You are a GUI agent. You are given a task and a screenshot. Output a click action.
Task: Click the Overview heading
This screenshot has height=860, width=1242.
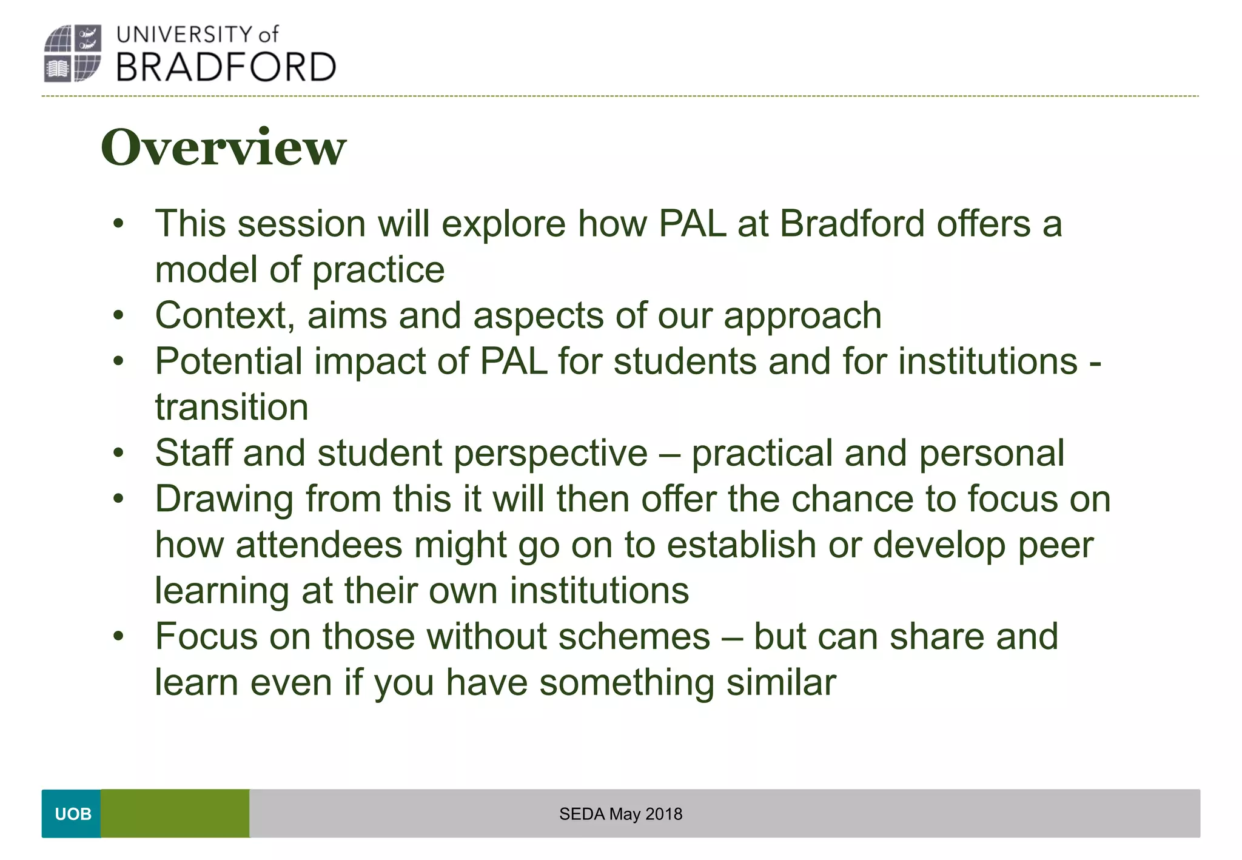pos(223,147)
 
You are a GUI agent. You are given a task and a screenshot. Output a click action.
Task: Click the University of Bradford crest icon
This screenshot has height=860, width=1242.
pos(72,53)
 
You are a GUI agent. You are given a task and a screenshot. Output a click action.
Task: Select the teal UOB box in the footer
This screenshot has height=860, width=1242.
pos(72,813)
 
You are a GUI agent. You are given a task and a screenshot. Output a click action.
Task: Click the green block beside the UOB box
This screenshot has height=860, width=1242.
pos(175,813)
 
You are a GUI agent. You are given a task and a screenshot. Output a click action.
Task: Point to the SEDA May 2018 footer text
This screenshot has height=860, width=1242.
pos(620,814)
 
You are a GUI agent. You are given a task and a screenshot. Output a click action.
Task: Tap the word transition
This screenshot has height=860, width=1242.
pos(232,407)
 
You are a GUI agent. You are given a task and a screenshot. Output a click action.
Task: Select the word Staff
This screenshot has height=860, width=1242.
pos(193,453)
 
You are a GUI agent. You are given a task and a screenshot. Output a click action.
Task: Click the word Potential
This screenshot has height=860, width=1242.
pos(229,361)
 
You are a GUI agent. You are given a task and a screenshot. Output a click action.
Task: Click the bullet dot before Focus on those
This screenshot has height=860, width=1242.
pos(119,637)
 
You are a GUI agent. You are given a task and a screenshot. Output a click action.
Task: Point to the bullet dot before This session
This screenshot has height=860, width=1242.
pos(119,224)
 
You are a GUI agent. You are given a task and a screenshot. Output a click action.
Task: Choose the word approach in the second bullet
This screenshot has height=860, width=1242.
pos(802,316)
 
